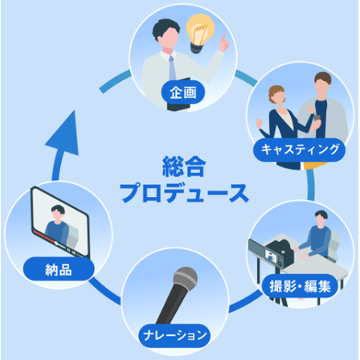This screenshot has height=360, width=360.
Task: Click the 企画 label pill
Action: (x=183, y=92)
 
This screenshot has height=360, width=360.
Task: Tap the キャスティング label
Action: (x=300, y=149)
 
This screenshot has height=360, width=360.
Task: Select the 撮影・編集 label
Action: (x=300, y=286)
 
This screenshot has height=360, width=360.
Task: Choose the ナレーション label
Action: (x=174, y=336)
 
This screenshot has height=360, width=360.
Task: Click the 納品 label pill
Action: (x=59, y=269)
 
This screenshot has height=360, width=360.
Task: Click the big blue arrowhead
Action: (x=63, y=133)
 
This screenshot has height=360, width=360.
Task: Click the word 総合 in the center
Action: (x=184, y=166)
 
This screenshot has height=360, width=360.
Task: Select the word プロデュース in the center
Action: (x=184, y=193)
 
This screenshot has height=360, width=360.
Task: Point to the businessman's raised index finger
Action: (x=223, y=38)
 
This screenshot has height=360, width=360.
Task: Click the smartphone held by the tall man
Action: (x=317, y=118)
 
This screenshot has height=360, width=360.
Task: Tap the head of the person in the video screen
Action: (x=58, y=212)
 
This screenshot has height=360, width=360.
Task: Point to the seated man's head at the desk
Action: (x=321, y=219)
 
